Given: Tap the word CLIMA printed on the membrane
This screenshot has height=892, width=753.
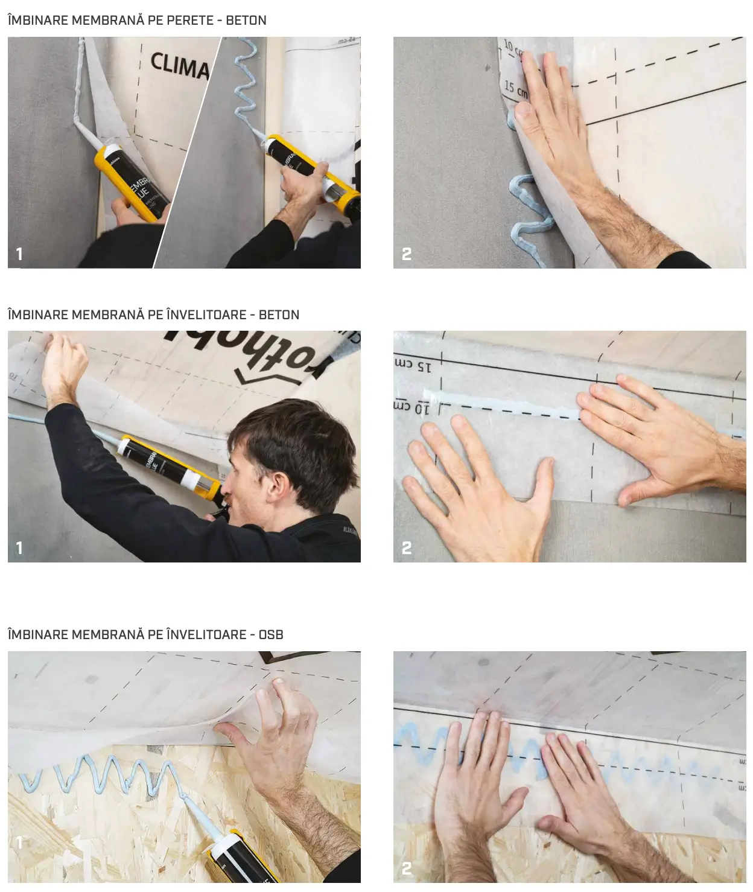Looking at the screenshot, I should [179, 66].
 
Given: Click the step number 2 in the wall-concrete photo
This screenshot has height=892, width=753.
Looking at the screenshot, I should [407, 254].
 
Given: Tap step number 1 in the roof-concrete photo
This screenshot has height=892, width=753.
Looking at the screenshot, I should [19, 548].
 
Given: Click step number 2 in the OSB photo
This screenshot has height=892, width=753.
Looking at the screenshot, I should [407, 868].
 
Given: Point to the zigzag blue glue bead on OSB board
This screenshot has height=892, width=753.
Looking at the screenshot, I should [97, 776].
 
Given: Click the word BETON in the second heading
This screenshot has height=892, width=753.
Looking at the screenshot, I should [279, 314].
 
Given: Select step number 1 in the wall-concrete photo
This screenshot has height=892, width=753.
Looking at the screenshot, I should [19, 254].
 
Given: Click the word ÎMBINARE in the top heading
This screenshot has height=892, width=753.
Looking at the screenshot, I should [38, 20].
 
